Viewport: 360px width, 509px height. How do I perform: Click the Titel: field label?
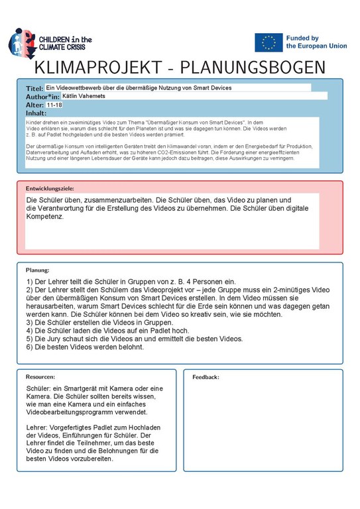[x=34, y=88]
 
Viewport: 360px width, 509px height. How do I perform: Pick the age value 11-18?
[x=55, y=105]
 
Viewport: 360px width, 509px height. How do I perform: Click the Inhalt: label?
[x=36, y=113]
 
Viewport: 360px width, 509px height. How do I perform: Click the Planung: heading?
[x=37, y=270]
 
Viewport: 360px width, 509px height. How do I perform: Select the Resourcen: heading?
[x=40, y=376]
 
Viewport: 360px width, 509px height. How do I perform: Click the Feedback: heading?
[x=206, y=376]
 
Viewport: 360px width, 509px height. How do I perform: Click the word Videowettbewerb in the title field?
[x=79, y=87]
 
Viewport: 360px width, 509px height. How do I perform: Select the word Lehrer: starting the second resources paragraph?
[x=38, y=427]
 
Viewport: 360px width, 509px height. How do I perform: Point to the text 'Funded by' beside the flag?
[x=302, y=38]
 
